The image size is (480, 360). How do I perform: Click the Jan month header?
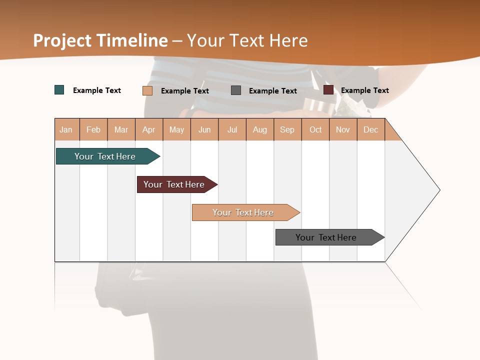[66, 129]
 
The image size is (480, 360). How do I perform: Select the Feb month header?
[93, 129]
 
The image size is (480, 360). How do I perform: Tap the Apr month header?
[149, 129]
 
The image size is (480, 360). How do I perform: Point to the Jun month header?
[204, 129]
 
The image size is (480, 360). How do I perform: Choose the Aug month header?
[260, 129]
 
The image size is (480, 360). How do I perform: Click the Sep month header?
[287, 129]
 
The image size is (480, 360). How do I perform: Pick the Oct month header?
[315, 129]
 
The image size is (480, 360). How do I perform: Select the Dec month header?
[371, 129]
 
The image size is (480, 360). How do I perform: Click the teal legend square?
[59, 90]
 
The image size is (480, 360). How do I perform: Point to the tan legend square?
[147, 90]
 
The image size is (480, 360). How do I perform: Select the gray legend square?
[236, 90]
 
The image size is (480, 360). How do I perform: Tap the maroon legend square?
[328, 90]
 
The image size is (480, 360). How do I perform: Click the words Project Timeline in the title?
[100, 40]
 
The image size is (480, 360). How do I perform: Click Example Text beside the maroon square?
[365, 90]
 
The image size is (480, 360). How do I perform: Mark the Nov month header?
[343, 129]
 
